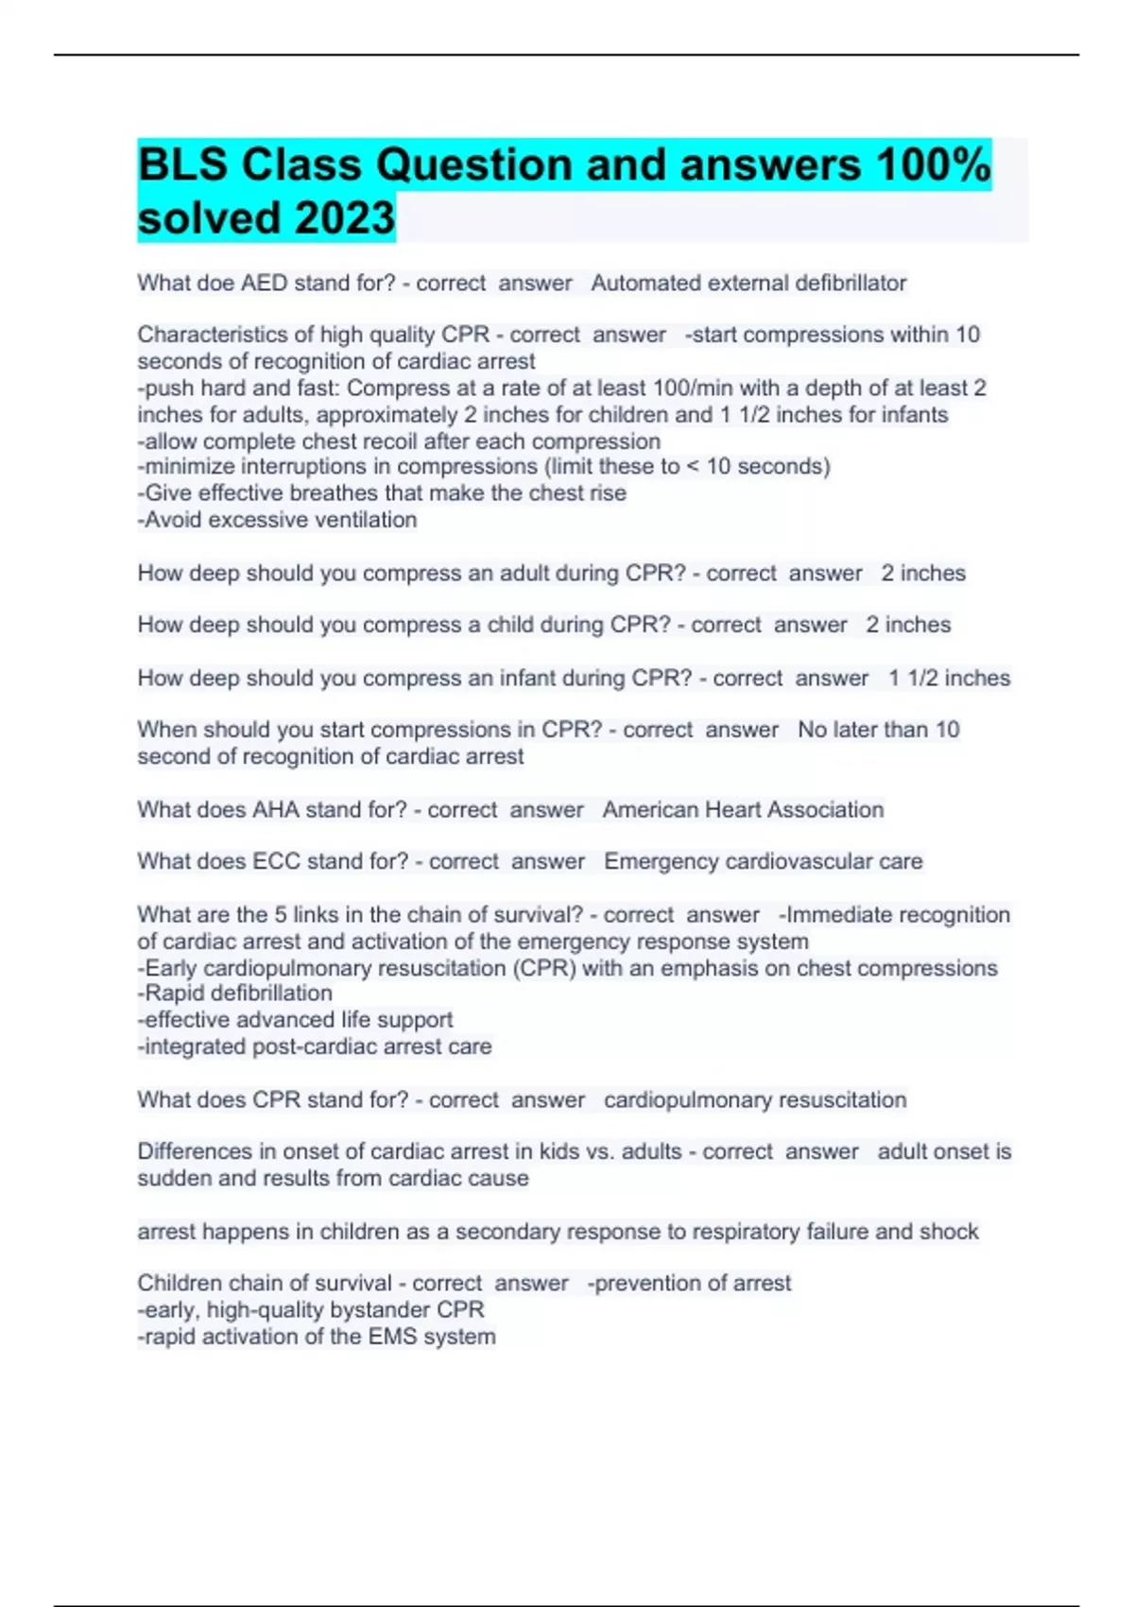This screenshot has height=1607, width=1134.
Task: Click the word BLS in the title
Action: click(182, 164)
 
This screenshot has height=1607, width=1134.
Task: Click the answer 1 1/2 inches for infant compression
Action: click(949, 678)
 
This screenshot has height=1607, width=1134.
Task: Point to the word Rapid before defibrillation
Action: click(173, 993)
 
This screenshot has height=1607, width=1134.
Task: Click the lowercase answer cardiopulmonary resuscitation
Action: click(755, 1099)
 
